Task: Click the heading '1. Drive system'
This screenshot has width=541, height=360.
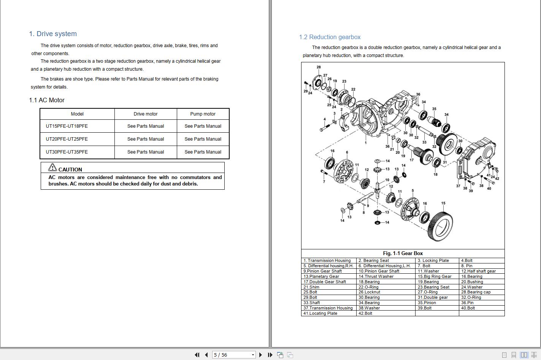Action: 53,34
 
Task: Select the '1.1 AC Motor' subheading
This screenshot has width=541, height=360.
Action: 47,100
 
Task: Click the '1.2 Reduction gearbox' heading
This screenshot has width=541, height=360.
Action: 330,37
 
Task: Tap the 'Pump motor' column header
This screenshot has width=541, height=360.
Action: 203,114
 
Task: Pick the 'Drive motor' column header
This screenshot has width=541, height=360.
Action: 145,114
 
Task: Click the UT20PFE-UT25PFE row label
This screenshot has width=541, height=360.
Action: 67,139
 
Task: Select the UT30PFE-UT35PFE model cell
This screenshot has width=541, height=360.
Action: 67,152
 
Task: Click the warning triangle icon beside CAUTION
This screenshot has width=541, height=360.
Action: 52,167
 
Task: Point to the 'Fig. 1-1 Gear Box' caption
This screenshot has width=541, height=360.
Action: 403,253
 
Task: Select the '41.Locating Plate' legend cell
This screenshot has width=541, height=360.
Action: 320,313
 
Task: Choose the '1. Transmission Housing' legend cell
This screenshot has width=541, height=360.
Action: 327,260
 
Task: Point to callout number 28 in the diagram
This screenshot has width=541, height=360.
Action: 319,67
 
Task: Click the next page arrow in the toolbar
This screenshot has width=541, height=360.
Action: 260,355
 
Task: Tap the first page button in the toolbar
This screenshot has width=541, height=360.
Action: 197,355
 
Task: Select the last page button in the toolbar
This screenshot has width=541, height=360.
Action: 270,355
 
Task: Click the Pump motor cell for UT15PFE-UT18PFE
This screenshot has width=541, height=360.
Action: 203,126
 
